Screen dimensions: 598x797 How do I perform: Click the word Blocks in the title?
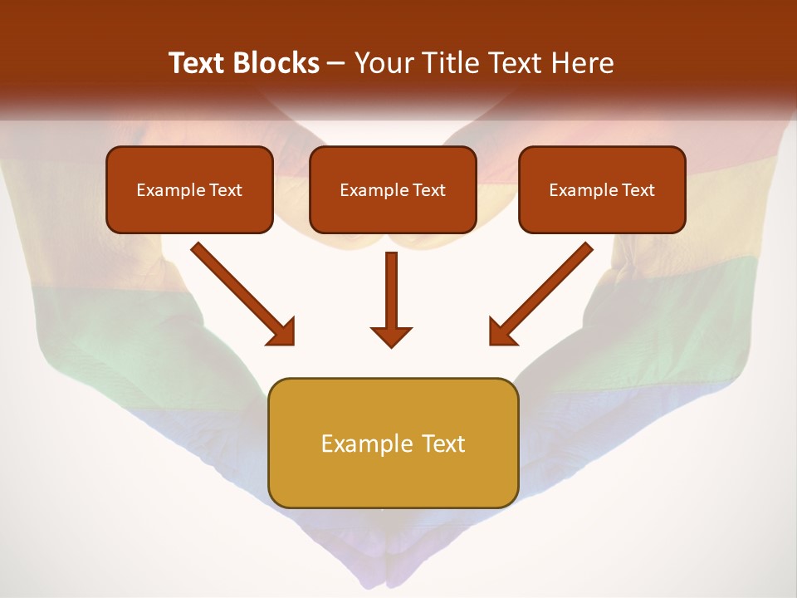pos(277,63)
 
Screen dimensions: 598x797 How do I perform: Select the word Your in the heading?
pos(382,63)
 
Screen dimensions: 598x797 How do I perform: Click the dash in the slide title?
pos(336,63)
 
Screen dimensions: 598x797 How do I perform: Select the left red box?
pos(189,189)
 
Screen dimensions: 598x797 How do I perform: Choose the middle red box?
pos(393,189)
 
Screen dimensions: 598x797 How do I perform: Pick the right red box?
pos(602,189)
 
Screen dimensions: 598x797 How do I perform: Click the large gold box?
pos(393,443)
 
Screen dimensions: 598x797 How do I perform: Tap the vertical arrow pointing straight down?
pos(391,291)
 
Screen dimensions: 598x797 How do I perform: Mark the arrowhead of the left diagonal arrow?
pos(282,332)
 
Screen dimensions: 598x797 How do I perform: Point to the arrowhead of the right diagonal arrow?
pos(502,332)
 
